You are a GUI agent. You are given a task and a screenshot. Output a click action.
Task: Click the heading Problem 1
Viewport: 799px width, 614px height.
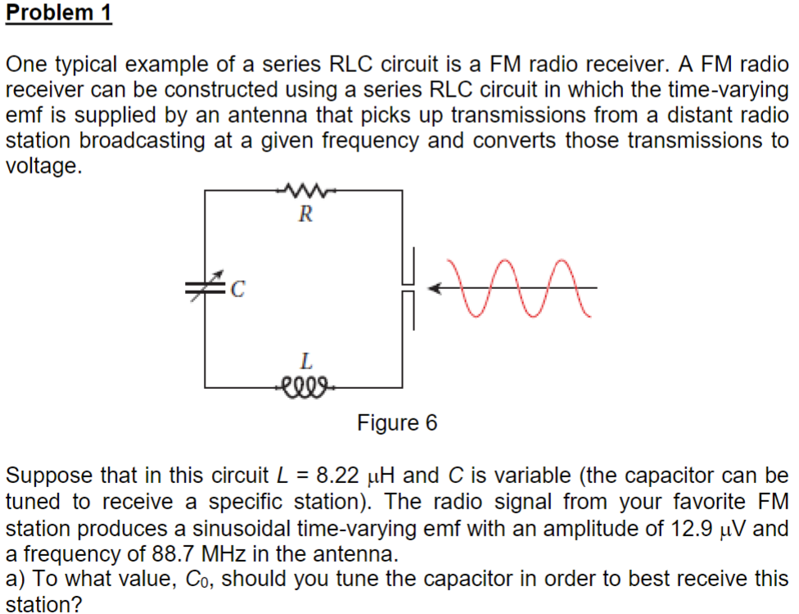pos(58,13)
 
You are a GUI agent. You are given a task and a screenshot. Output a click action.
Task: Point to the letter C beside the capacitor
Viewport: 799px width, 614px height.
pos(238,287)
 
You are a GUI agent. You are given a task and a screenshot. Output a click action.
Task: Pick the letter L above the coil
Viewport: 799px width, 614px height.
pos(305,359)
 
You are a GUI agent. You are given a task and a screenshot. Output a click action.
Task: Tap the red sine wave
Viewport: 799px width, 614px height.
pos(525,287)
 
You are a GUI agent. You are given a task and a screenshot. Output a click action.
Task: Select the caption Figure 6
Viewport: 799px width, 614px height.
pos(397,423)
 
